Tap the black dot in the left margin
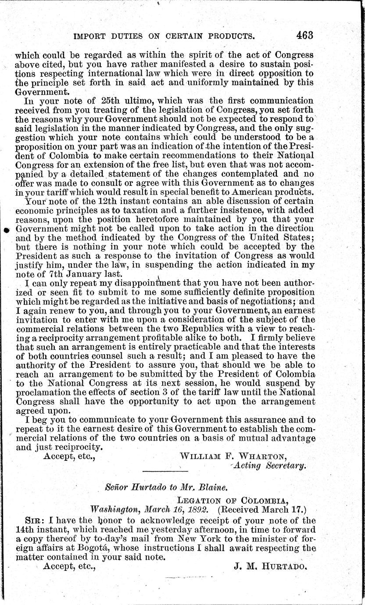click(7, 230)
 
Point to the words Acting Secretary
click(269, 465)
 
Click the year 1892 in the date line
click(203, 510)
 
